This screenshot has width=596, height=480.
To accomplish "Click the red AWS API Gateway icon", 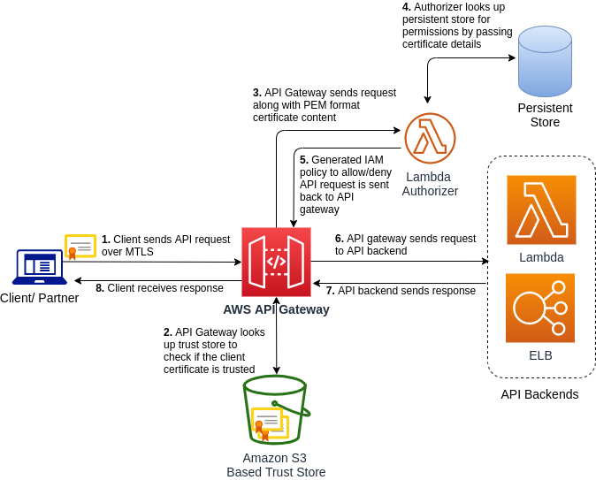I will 276,262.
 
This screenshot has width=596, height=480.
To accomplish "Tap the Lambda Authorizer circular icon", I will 430,138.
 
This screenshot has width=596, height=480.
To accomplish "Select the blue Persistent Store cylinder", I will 545,61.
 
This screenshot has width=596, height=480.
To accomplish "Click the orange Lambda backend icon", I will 541,210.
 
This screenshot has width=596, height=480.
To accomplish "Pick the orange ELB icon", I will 540,308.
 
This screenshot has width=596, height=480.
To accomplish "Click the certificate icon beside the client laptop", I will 80,247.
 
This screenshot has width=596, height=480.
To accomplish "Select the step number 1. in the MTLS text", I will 106,240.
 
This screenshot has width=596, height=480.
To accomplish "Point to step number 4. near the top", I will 407,7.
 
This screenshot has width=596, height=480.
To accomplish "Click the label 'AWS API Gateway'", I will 276,309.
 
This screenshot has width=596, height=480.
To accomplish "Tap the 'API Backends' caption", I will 539,394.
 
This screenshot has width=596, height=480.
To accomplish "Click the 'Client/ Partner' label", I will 39,298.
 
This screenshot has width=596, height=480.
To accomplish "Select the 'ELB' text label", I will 540,355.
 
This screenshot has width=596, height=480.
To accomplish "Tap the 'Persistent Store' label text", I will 545,115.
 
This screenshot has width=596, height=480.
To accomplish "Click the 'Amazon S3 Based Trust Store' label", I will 276,465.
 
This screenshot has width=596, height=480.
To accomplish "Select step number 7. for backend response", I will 330,290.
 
